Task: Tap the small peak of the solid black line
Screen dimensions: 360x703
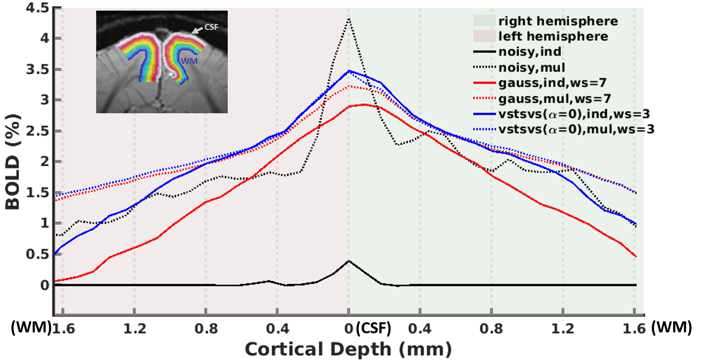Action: [349, 261]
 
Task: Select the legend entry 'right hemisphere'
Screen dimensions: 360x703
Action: [558, 21]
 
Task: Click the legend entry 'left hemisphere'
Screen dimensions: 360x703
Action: [553, 36]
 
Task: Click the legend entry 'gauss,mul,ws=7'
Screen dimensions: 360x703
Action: [550, 99]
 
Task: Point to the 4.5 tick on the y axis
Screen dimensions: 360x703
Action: [36, 8]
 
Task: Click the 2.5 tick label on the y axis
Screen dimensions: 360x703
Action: [36, 131]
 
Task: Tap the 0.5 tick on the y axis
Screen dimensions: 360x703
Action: [36, 254]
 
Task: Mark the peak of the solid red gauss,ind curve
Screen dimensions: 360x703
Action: [364, 105]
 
